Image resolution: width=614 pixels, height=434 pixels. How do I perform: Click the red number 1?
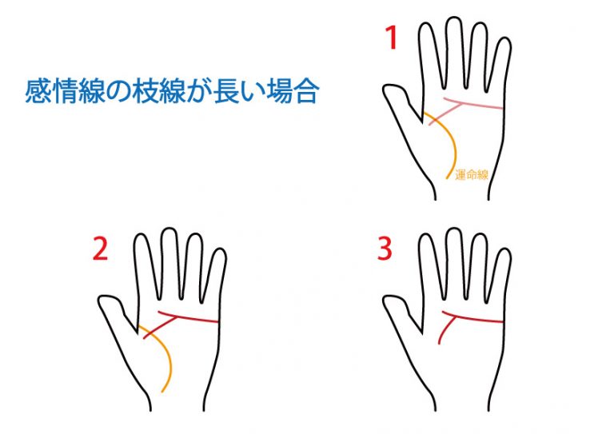click(x=392, y=38)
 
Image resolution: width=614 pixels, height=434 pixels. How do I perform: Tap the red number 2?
click(x=100, y=249)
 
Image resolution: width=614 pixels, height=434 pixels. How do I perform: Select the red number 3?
click(x=385, y=249)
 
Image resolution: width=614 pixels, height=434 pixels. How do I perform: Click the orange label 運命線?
click(x=472, y=174)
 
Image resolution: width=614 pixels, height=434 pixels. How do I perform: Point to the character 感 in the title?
click(x=38, y=91)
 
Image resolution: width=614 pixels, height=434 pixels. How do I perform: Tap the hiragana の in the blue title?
click(x=118, y=92)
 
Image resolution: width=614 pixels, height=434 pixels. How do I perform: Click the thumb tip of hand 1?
click(x=388, y=88)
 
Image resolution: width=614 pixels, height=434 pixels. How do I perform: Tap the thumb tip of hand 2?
click(x=102, y=299)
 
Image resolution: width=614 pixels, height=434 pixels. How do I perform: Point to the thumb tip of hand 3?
click(x=388, y=299)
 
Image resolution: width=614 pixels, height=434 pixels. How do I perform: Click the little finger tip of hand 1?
click(x=506, y=39)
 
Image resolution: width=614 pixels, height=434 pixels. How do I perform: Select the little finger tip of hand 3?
click(x=506, y=249)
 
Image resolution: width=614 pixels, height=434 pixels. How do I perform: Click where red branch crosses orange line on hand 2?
click(x=151, y=332)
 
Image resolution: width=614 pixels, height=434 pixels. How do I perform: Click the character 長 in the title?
click(x=225, y=91)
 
